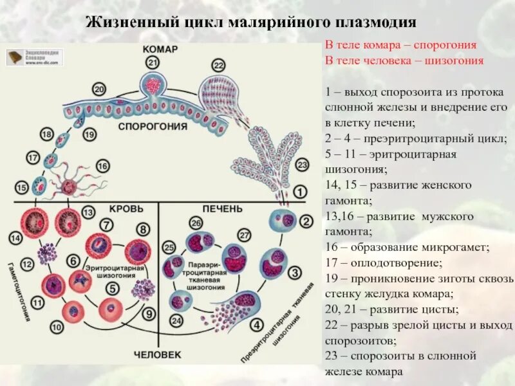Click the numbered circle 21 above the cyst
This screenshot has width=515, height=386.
pyautogui.click(x=153, y=62)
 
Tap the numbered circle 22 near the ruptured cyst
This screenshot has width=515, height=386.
pyautogui.click(x=218, y=65)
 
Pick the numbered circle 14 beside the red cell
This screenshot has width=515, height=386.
pyautogui.click(x=15, y=238)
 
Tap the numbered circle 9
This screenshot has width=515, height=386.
pyautogui.click(x=149, y=315)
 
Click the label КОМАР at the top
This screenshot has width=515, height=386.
pyautogui.click(x=160, y=49)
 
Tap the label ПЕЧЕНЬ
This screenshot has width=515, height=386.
pyautogui.click(x=223, y=209)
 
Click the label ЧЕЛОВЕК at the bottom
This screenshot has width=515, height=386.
pyautogui.click(x=158, y=354)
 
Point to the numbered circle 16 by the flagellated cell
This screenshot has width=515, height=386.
pyautogui.click(x=102, y=166)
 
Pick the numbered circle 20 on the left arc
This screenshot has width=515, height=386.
pyautogui.click(x=98, y=89)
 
